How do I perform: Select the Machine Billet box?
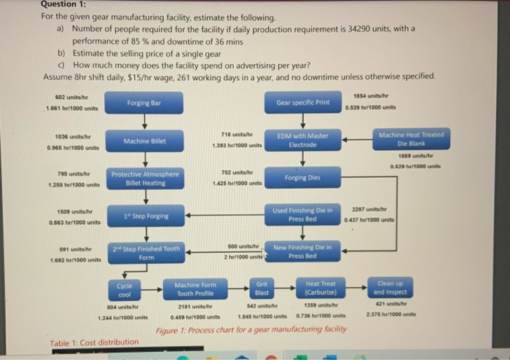[x=144, y=141]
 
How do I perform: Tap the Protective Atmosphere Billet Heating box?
[x=144, y=179]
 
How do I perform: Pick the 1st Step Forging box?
[x=144, y=216]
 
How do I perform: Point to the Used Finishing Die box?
[x=302, y=214]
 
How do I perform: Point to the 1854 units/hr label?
[x=370, y=97]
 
